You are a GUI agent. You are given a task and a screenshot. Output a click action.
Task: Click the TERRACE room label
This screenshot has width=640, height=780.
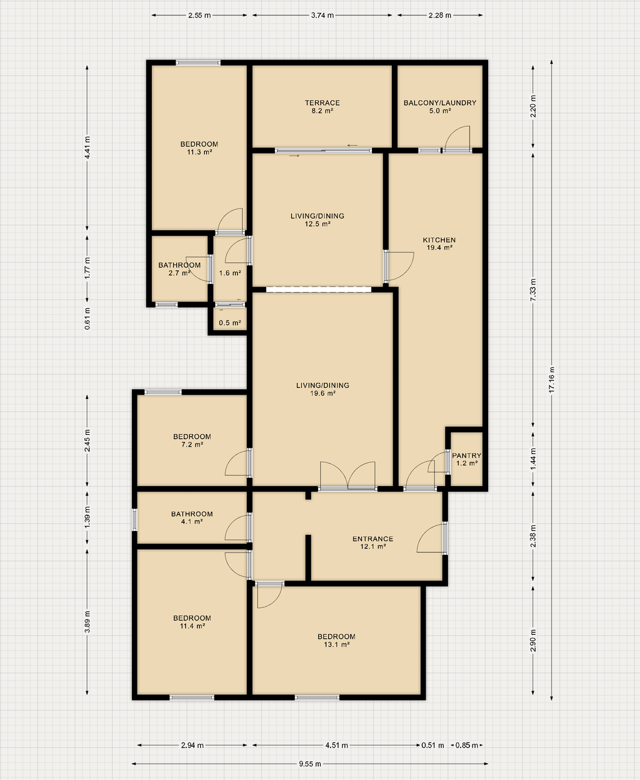(322, 103)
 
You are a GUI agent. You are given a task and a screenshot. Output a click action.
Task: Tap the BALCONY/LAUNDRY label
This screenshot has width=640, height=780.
(440, 103)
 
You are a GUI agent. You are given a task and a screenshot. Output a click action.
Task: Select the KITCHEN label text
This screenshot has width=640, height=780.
(439, 240)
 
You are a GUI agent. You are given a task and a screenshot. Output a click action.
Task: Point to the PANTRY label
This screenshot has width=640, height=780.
(466, 455)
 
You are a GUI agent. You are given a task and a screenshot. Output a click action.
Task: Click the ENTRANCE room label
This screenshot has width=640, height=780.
(373, 539)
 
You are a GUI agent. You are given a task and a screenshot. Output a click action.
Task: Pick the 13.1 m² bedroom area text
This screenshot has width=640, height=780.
(336, 645)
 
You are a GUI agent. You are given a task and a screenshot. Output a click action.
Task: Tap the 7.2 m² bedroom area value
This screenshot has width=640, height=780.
(192, 445)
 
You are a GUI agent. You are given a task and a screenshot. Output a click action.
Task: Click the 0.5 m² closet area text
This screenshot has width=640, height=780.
(230, 323)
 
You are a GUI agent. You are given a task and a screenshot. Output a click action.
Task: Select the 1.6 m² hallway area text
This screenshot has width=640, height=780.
(230, 273)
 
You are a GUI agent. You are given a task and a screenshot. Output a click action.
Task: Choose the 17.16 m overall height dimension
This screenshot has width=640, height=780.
(552, 380)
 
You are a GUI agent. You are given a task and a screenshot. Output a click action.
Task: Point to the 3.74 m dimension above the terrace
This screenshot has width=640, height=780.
(322, 15)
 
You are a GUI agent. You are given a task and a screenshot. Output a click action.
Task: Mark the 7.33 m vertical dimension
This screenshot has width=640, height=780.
(533, 290)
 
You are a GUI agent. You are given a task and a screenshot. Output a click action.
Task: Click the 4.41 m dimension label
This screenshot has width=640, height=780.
(87, 148)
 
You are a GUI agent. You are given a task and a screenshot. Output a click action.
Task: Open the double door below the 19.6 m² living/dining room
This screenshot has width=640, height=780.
(347, 476)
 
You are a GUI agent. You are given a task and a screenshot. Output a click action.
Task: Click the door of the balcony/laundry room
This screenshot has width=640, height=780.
(457, 139)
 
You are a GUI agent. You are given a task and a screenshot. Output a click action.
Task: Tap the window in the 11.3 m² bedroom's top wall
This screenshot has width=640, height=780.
(198, 63)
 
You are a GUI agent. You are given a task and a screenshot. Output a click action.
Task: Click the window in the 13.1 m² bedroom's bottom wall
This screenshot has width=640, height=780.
(317, 697)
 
